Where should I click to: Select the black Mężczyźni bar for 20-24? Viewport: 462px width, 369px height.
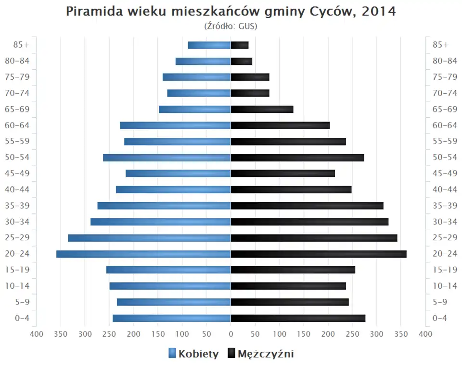click(319, 254)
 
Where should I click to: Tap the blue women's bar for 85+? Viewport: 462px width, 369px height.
click(209, 45)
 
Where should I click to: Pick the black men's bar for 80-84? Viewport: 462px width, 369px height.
click(242, 61)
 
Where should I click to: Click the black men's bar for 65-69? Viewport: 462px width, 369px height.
click(262, 109)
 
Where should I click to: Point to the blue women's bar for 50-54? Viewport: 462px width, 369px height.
click(167, 158)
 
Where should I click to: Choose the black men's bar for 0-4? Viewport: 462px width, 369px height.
click(298, 318)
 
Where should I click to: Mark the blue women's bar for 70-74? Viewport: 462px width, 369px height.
click(199, 93)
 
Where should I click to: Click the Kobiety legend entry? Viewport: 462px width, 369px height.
click(193, 354)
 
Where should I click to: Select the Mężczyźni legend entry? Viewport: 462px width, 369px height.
click(260, 354)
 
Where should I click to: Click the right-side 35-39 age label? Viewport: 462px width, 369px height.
click(445, 206)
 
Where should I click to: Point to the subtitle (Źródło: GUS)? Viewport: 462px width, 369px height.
click(231, 26)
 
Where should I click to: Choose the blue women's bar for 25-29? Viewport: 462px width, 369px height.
click(149, 238)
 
